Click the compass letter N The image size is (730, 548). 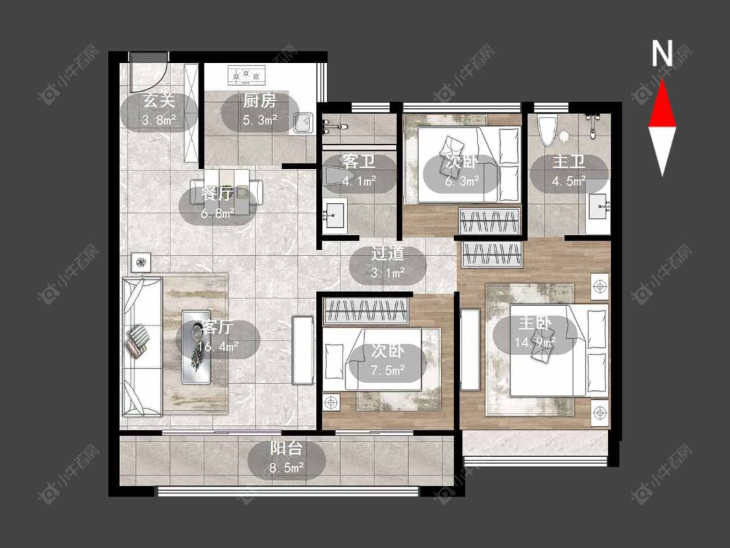[x=662, y=54]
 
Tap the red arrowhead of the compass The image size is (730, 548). [x=662, y=105]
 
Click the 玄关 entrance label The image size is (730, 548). [x=158, y=100]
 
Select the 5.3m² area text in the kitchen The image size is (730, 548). [x=260, y=119]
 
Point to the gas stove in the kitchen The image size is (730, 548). [x=247, y=75]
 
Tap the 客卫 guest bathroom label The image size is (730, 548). [x=358, y=162]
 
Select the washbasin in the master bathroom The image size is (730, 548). [x=599, y=207]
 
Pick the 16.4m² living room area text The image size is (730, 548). [x=218, y=347]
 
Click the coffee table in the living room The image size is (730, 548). [x=196, y=347]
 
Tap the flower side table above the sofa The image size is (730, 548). [x=141, y=263]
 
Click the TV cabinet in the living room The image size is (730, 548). [x=303, y=351]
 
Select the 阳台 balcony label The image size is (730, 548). [x=286, y=448]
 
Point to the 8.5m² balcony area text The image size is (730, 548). [x=286, y=467]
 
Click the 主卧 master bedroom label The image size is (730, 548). [x=535, y=323]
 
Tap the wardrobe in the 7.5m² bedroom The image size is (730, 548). [x=366, y=310]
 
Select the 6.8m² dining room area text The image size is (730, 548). [x=218, y=214]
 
